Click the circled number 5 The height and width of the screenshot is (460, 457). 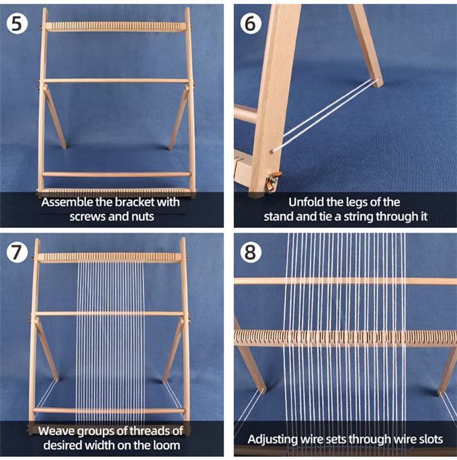pyautogui.click(x=17, y=23)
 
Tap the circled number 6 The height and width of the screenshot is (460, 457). pyautogui.click(x=250, y=23)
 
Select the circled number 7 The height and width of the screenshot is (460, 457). pyautogui.click(x=17, y=252)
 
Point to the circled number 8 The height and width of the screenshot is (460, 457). pyautogui.click(x=250, y=252)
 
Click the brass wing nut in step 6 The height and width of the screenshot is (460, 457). pyautogui.click(x=274, y=180)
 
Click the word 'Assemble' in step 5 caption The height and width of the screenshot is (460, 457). pyautogui.click(x=67, y=202)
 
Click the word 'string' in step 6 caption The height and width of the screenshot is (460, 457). pyautogui.click(x=359, y=217)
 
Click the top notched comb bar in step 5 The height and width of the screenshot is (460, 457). pyautogui.click(x=116, y=26)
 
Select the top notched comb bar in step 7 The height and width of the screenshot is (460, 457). pyautogui.click(x=110, y=258)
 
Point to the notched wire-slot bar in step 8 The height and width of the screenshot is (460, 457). pyautogui.click(x=345, y=338)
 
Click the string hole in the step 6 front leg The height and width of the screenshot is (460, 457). pyautogui.click(x=272, y=151)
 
